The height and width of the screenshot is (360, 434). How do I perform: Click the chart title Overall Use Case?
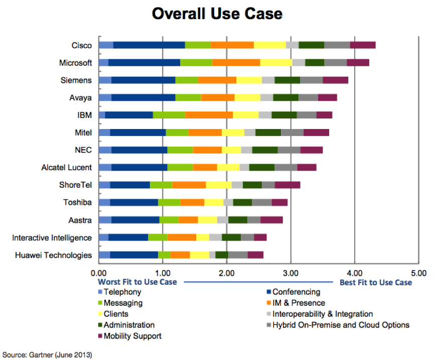(217, 13)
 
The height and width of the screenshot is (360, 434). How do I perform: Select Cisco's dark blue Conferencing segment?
(149, 45)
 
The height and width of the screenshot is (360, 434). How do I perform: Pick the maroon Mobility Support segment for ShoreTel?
(287, 185)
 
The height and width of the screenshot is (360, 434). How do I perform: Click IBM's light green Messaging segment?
(169, 115)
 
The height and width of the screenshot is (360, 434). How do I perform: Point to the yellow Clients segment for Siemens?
(249, 80)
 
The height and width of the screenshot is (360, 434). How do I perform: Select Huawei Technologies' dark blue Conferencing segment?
(134, 255)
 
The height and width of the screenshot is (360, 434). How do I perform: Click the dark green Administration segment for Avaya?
(286, 97)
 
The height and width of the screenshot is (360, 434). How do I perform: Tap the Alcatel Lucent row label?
(66, 167)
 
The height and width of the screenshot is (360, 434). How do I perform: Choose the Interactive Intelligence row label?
(52, 237)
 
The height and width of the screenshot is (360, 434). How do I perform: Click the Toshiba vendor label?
(77, 202)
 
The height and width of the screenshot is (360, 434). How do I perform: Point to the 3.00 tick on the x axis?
(291, 273)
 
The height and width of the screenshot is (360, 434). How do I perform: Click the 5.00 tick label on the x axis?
(418, 273)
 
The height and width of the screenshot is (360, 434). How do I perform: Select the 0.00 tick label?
(98, 273)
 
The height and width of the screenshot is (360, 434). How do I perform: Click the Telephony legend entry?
(122, 292)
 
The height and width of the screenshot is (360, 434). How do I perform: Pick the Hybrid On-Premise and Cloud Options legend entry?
(341, 325)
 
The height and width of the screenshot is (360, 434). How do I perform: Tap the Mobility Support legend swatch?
(100, 336)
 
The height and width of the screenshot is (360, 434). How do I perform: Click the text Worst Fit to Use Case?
(137, 282)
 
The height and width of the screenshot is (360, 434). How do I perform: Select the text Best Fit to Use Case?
(376, 282)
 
